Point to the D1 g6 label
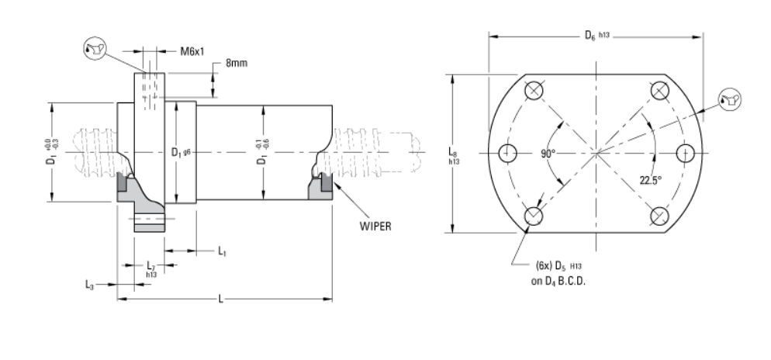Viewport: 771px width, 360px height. coord(181,152)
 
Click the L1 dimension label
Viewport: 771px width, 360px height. coord(222,251)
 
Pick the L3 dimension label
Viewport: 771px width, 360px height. coord(90,284)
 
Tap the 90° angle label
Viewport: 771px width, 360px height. coord(549,154)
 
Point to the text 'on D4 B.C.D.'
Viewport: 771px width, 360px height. coord(558,281)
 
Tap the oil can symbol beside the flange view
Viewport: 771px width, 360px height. coord(730,98)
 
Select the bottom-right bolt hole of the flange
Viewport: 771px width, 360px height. coord(659,216)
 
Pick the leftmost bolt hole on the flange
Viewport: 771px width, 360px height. coord(507,153)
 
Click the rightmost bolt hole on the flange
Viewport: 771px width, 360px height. coord(684,153)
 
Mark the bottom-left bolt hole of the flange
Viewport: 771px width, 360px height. coord(533,216)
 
